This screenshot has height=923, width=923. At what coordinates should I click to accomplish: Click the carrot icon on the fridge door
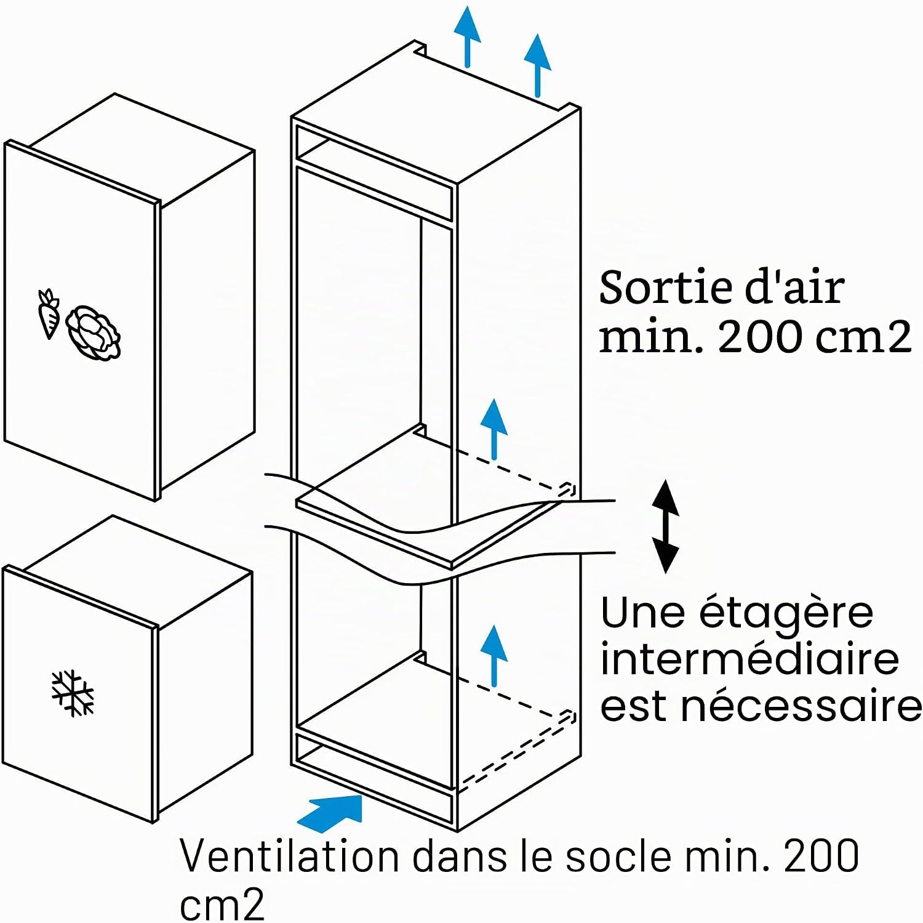coord(48,313)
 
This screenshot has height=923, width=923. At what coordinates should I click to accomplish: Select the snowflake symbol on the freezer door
coord(73,693)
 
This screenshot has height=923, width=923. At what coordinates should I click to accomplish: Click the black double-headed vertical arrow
coord(665,526)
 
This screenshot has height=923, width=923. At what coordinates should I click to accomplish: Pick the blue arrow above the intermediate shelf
coord(493,429)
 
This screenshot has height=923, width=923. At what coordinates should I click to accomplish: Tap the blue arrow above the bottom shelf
coord(493,655)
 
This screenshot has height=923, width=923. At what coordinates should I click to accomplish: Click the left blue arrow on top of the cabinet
coord(468,36)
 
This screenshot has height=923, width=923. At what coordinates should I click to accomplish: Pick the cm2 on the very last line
coord(222,904)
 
